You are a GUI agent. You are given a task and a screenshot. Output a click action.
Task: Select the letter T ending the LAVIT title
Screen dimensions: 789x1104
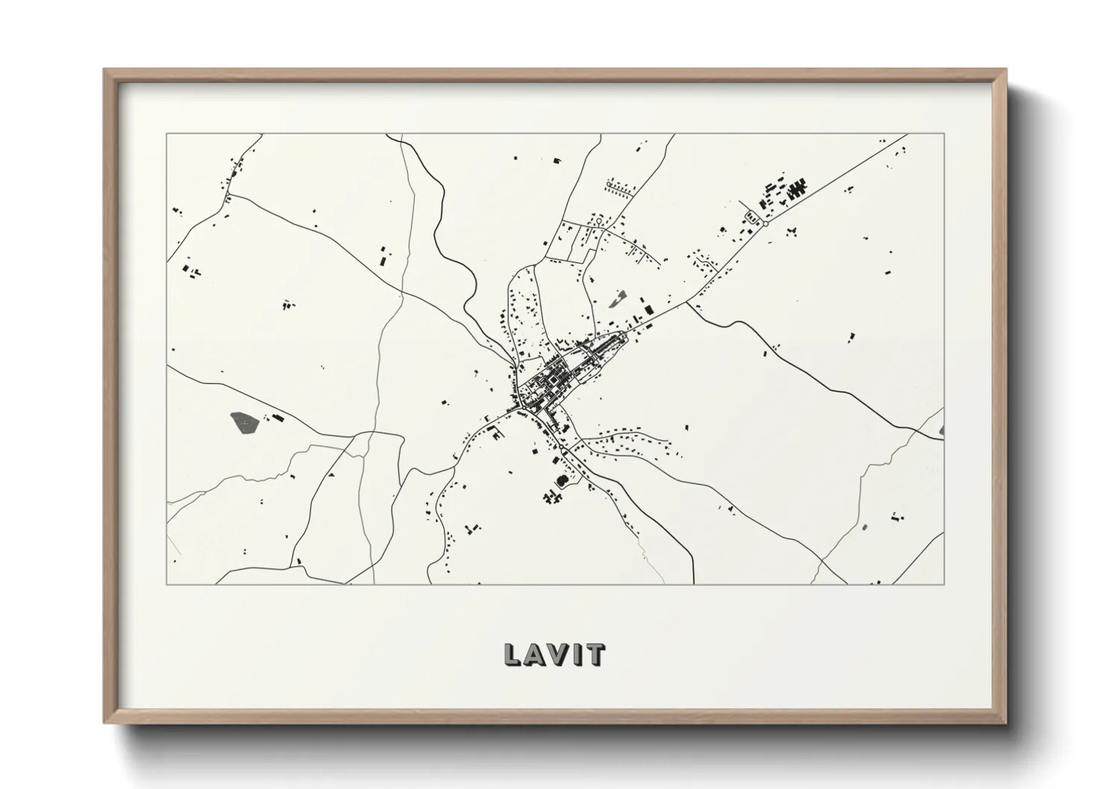pos(595,654)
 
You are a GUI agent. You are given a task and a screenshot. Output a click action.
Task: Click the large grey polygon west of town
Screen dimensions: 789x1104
pos(244,422)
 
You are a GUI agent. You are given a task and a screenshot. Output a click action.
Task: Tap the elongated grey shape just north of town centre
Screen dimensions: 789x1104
pos(616,300)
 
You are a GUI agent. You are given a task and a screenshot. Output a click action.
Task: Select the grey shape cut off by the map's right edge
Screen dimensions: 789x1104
pos(941,430)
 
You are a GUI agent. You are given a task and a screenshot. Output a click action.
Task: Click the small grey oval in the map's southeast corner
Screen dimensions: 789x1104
pos(865,527)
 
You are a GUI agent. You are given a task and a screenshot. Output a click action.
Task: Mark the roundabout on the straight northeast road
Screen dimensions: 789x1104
pos(765,223)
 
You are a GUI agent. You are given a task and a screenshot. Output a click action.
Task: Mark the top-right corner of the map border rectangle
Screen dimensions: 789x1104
pos(944,134)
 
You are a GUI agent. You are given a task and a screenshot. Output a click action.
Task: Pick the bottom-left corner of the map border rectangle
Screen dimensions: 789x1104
pos(167,584)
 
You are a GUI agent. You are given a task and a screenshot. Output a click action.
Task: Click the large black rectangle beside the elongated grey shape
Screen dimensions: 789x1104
pos(647,309)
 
